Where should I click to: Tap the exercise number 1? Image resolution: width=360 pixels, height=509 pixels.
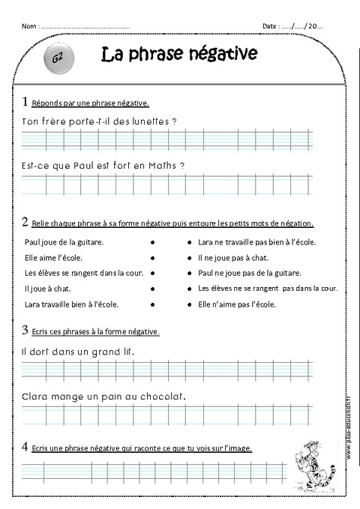(x=26, y=101)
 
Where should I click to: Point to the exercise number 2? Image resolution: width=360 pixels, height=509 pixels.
(x=26, y=222)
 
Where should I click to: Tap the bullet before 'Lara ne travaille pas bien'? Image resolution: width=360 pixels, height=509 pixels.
(x=189, y=243)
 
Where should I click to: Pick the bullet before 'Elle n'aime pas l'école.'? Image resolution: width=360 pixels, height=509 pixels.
(x=189, y=304)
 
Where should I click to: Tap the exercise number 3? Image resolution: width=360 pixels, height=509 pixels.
(x=26, y=330)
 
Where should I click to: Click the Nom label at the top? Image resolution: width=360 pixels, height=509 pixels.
(x=29, y=26)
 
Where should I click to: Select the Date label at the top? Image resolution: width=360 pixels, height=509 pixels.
(x=270, y=26)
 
